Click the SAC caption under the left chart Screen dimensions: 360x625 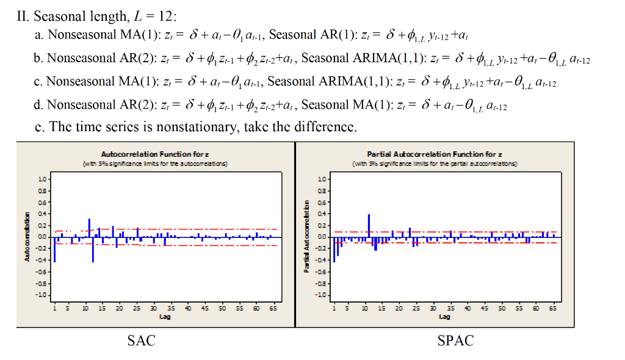(x=141, y=341)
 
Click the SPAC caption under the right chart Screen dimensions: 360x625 (x=455, y=341)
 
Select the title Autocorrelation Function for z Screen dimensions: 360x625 (x=155, y=155)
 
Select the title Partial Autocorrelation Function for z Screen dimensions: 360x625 (x=434, y=155)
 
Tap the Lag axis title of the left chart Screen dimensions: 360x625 (x=164, y=317)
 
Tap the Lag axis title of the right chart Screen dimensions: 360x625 (x=444, y=317)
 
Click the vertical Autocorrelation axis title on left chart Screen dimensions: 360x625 (x=27, y=238)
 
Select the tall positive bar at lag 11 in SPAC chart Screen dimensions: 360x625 (x=369, y=226)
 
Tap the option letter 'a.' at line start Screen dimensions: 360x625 (x=40, y=35)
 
